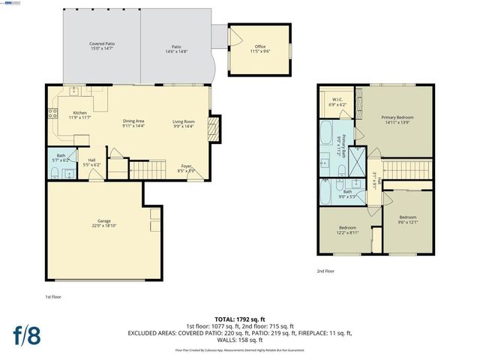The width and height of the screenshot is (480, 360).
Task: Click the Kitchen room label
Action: pyautogui.click(x=79, y=115)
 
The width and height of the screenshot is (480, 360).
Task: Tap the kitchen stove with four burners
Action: pyautogui.click(x=52, y=114)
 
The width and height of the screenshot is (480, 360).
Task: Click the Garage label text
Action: pyautogui.click(x=104, y=223)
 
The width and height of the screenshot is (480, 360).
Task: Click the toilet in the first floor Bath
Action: pyautogui.click(x=56, y=173)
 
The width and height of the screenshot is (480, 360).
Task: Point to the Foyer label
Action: pyautogui.click(x=185, y=168)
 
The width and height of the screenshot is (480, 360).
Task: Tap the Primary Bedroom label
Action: pyautogui.click(x=397, y=120)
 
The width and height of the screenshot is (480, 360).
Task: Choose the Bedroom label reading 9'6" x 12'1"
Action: pyautogui.click(x=408, y=219)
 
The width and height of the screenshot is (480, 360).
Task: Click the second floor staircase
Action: pyautogui.click(x=409, y=171)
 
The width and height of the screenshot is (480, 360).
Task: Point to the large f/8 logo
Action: pyautogui.click(x=25, y=334)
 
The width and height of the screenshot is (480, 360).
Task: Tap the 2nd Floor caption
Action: pyautogui.click(x=325, y=271)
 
